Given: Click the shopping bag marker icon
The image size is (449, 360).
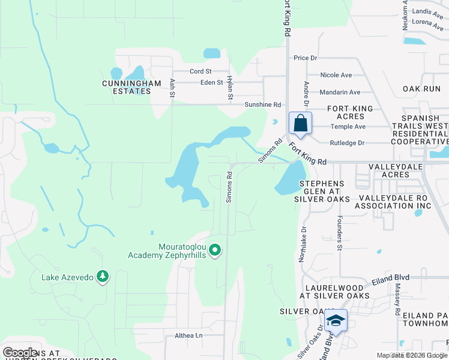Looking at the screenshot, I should point(300,123).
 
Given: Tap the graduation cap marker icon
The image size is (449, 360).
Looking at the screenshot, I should point(336,321).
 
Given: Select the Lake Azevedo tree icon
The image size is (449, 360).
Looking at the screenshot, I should point(104,276).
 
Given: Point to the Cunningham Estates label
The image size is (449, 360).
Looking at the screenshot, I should point(126,87).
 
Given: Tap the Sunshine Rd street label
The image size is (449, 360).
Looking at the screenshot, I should point(262,104).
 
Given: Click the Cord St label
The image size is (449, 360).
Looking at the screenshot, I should point(197,71).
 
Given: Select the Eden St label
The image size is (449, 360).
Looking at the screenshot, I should point(212,82).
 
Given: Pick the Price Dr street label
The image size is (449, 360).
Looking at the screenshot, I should point(305,58).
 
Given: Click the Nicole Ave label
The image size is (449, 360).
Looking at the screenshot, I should point(336,75).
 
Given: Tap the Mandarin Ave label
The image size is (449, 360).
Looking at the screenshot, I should point(340,92).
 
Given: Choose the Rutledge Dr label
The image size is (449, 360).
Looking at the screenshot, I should point(348,143).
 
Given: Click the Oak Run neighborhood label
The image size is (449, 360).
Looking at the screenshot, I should point(421,89).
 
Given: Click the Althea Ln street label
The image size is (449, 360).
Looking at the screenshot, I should point(189,335).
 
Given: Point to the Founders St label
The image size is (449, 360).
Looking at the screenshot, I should point(339,233).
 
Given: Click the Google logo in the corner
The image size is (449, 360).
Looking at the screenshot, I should point(20,353).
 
